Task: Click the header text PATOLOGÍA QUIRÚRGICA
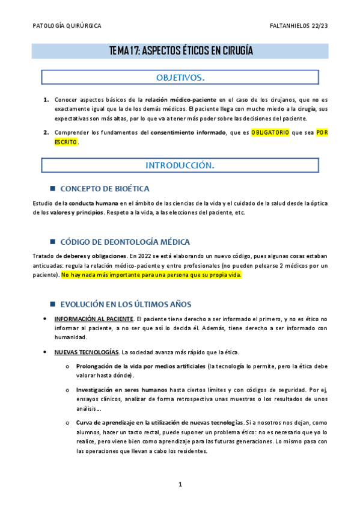66,26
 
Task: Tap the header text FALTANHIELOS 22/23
299,26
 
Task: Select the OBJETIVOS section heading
180,78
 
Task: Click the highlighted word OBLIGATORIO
270,132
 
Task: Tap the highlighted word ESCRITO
66,143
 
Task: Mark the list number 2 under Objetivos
46,132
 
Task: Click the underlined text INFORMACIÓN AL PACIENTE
93,319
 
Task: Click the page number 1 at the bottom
180,484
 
